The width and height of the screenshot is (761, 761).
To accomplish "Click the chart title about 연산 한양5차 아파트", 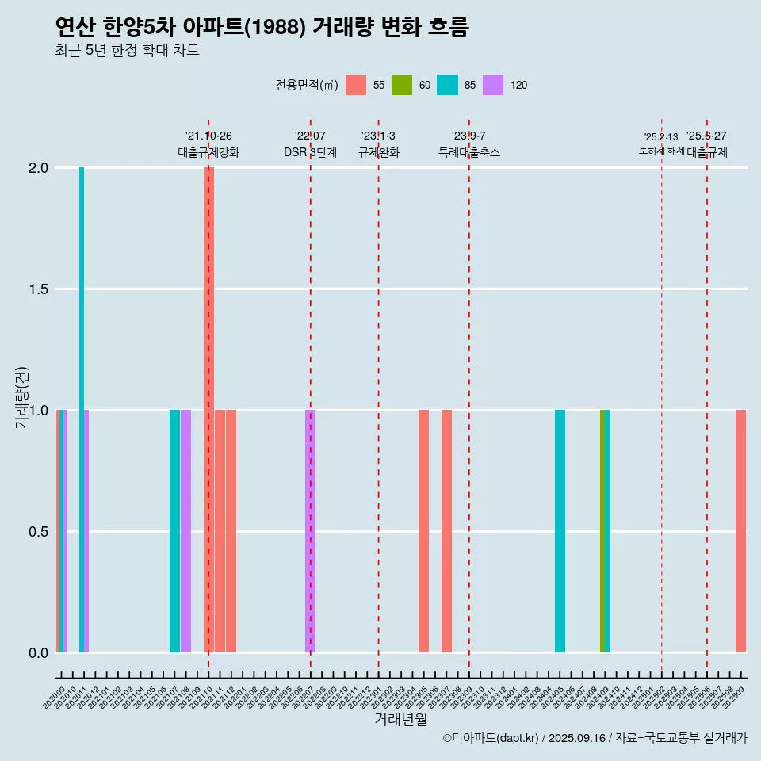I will (262, 28).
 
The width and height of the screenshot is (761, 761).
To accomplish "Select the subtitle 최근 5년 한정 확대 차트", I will (127, 51).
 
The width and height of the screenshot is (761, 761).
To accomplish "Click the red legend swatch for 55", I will (356, 85).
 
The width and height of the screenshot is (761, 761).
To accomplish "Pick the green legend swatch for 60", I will (402, 85).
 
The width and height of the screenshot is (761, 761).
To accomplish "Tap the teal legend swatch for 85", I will (448, 85).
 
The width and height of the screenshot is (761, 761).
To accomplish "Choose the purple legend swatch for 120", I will (493, 85).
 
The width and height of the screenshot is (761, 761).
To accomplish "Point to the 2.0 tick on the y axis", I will (39, 168).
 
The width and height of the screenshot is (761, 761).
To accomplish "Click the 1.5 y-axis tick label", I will (39, 289).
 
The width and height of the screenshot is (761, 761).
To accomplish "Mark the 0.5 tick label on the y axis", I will (39, 532).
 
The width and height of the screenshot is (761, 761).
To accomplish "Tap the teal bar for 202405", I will (560, 531).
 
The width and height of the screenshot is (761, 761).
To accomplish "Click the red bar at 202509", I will (740, 531).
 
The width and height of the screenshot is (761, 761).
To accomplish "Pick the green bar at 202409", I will (602, 531).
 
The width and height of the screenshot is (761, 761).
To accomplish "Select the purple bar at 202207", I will (311, 531).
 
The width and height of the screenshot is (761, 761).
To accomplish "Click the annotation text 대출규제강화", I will (208, 152).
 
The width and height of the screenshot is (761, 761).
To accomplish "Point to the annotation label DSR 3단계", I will (311, 152).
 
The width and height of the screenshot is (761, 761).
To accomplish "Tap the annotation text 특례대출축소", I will (469, 152).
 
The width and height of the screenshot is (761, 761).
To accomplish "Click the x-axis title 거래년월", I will (400, 720).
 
